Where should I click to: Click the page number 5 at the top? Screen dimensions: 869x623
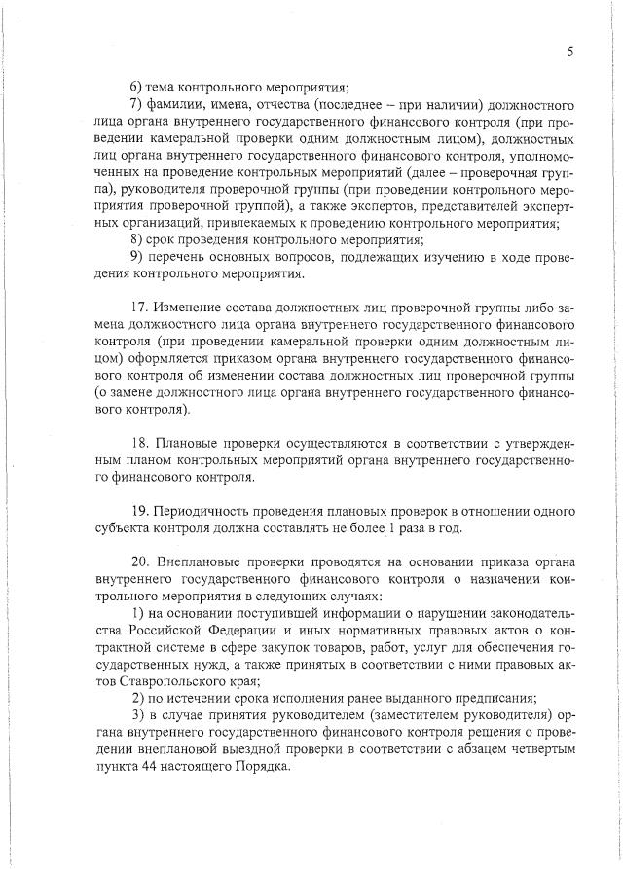point(569,54)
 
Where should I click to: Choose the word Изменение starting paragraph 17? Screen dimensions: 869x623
point(194,309)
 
